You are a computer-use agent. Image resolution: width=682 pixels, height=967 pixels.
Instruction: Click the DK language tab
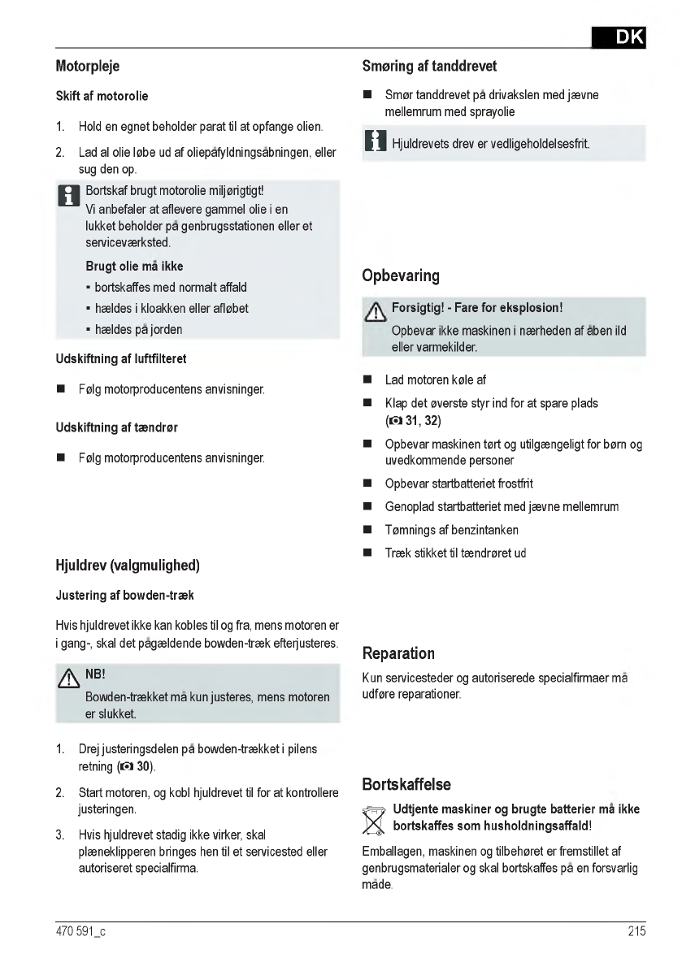tap(619, 37)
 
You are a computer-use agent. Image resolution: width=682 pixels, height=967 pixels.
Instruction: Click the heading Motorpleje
tap(88, 66)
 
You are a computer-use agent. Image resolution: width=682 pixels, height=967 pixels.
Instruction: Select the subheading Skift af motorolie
tap(102, 96)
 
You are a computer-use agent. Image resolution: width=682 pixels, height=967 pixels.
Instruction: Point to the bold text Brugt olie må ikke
tap(134, 267)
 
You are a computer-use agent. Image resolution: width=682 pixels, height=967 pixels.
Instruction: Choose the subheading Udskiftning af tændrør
tap(116, 427)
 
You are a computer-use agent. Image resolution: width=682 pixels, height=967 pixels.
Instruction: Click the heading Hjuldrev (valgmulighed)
tap(128, 565)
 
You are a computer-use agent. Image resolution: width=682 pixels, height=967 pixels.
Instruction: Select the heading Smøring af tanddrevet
tap(429, 66)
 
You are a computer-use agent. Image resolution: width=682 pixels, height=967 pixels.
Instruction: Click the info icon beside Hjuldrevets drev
tap(375, 142)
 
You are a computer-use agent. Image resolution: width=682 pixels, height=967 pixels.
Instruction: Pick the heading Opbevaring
tap(401, 275)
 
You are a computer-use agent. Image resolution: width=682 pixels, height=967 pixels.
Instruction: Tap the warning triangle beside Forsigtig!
tap(376, 311)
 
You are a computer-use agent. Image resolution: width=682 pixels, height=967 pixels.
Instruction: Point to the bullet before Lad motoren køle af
tap(367, 380)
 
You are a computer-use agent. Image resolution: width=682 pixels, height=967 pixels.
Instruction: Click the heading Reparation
tap(398, 653)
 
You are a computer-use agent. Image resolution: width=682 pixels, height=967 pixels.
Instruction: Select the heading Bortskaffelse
tap(406, 785)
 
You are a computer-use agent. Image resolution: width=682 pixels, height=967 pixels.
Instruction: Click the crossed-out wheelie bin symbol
tap(374, 819)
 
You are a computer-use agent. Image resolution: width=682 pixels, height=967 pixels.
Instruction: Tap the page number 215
tap(636, 931)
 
